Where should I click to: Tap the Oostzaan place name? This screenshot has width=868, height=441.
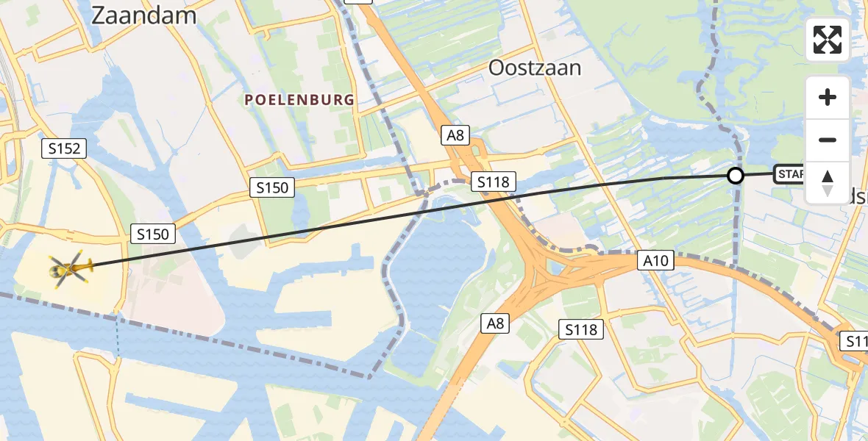click(x=535, y=68)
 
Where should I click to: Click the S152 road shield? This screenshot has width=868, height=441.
click(x=64, y=148)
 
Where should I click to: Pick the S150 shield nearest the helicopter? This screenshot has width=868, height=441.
click(x=153, y=234)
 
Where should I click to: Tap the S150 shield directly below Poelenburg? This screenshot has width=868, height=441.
click(x=271, y=188)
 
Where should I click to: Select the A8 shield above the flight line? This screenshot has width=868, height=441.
click(x=455, y=135)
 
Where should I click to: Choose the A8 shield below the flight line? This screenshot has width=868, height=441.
click(x=495, y=323)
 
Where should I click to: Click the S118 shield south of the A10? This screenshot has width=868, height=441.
click(x=581, y=329)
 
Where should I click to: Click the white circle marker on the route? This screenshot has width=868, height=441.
click(x=735, y=176)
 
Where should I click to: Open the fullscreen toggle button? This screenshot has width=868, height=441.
click(x=828, y=40)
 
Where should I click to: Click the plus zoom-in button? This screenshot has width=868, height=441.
click(x=828, y=97)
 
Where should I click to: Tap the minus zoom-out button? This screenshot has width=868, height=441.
click(x=828, y=140)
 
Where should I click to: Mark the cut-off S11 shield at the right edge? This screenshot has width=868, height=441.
click(x=855, y=341)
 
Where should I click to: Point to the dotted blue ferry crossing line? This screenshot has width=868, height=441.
click(x=116, y=337)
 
